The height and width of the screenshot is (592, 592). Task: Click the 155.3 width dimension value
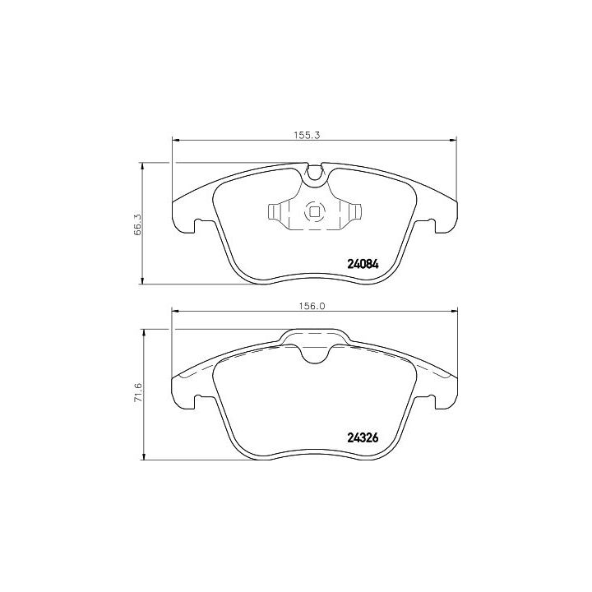pos(307,135)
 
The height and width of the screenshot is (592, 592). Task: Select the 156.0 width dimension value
pos(312,306)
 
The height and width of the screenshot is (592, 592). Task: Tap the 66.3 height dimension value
pos(137,224)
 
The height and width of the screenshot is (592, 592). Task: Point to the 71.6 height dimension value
pos(138,393)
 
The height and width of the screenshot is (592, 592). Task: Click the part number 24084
pos(363,264)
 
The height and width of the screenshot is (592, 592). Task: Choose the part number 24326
pos(363,437)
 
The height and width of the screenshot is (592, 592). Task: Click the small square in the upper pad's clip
pos(314,212)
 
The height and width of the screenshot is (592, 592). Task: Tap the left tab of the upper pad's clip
pos(274,211)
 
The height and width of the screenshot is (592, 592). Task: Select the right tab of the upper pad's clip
pos(355,211)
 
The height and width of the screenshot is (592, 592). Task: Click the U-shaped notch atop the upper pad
pos(314,176)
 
